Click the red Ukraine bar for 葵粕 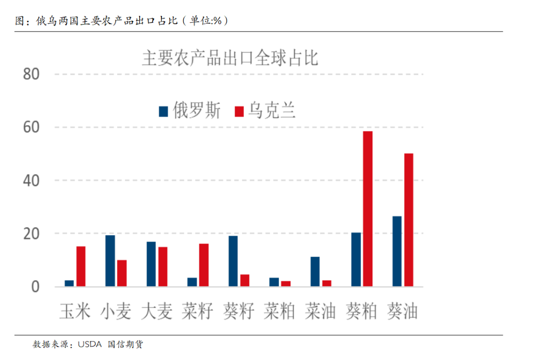pos(367,209)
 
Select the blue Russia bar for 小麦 pos(110,260)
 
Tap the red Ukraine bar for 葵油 pos(408,220)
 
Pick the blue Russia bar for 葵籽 pos(233,261)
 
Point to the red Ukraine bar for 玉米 pos(81,266)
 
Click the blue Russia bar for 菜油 pos(315,271)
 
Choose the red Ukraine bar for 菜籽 pos(204,265)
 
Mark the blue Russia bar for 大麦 pos(151,264)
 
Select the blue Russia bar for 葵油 pos(397,251)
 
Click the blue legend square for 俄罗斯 pos(163,111)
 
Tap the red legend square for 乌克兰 pos(239,111)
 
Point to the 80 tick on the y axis pos(31,74)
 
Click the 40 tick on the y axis pos(31,181)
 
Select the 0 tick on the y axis pos(35,287)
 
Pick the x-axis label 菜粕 pos(279,311)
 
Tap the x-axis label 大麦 pos(156,311)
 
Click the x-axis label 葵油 pos(402,311)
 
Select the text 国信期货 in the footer pos(125,344)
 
